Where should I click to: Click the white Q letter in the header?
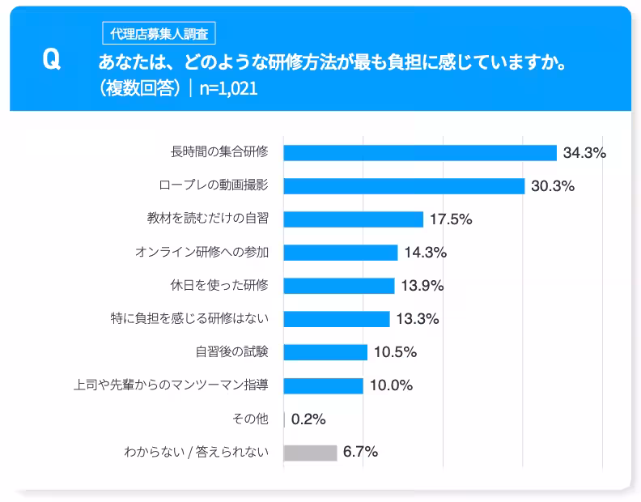(51, 61)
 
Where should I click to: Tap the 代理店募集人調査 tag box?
(159, 34)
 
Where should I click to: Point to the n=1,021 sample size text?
(228, 88)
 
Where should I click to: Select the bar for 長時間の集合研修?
(420, 153)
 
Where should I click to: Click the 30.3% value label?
(553, 186)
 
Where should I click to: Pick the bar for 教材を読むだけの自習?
(353, 219)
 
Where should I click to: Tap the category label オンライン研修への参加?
(202, 252)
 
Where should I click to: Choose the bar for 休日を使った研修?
(338, 286)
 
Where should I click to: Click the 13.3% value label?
(418, 319)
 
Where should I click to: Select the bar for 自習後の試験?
(325, 352)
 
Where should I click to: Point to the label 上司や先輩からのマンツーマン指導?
(171, 385)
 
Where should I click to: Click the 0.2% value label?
(308, 419)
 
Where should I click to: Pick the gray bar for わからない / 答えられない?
(310, 453)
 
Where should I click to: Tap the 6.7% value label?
(361, 453)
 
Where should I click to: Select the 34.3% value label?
(584, 153)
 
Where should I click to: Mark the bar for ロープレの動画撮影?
(404, 186)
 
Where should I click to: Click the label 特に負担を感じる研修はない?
(189, 318)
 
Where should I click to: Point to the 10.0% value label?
(391, 385)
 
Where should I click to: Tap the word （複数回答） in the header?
(139, 88)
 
